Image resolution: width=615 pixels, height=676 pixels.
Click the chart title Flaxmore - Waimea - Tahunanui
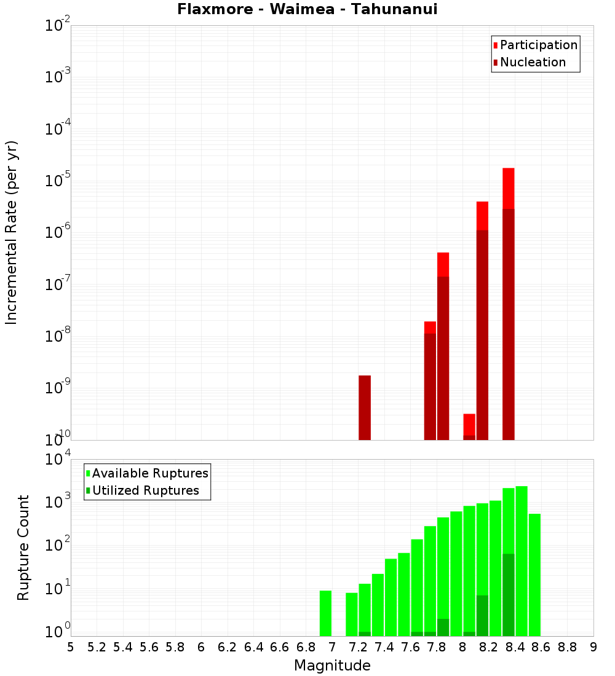tap(307, 9)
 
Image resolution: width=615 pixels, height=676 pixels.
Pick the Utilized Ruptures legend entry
tap(145, 490)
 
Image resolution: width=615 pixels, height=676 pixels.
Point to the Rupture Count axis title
tap(23, 548)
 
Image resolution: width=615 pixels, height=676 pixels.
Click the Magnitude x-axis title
tap(332, 666)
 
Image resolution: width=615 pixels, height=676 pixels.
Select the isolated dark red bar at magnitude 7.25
tap(365, 407)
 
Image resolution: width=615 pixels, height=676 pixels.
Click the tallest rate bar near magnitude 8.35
tap(508, 304)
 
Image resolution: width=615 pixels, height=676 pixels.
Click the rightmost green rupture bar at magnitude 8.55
tap(534, 575)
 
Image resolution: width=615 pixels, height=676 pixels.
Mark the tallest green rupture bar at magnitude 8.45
tap(522, 561)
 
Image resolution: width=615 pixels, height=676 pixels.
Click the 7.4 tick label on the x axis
tap(384, 647)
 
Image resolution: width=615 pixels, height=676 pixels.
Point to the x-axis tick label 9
tap(593, 647)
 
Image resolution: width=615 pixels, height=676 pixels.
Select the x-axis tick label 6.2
tap(228, 647)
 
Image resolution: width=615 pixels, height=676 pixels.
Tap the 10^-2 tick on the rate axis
tap(57, 26)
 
